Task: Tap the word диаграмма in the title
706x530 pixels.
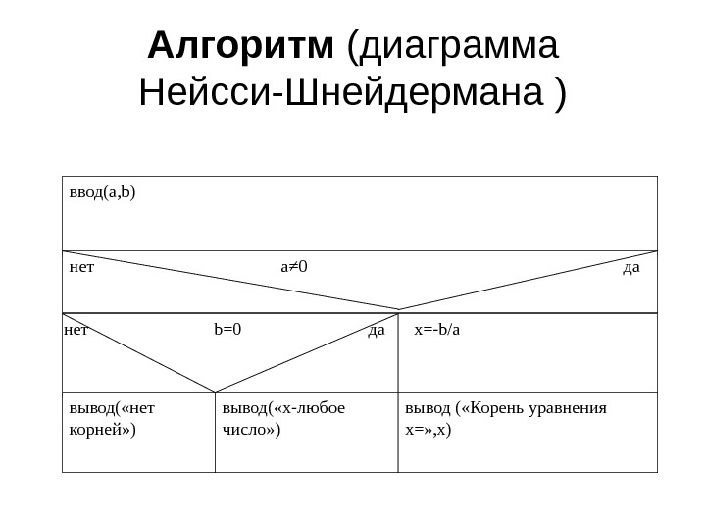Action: click(x=460, y=45)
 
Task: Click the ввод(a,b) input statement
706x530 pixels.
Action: click(x=103, y=191)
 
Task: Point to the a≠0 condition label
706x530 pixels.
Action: click(x=294, y=266)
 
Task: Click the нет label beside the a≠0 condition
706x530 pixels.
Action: click(x=81, y=266)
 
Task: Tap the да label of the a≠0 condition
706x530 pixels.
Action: click(x=631, y=266)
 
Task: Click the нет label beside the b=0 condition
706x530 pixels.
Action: click(x=76, y=330)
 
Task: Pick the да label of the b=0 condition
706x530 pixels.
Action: click(x=376, y=330)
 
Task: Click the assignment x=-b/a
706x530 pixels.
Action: click(x=436, y=330)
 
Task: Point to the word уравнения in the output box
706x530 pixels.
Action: click(x=573, y=408)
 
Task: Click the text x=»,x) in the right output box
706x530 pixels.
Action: click(x=429, y=430)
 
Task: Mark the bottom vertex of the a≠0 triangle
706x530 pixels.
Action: click(x=398, y=310)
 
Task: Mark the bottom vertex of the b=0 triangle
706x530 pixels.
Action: click(x=215, y=392)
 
